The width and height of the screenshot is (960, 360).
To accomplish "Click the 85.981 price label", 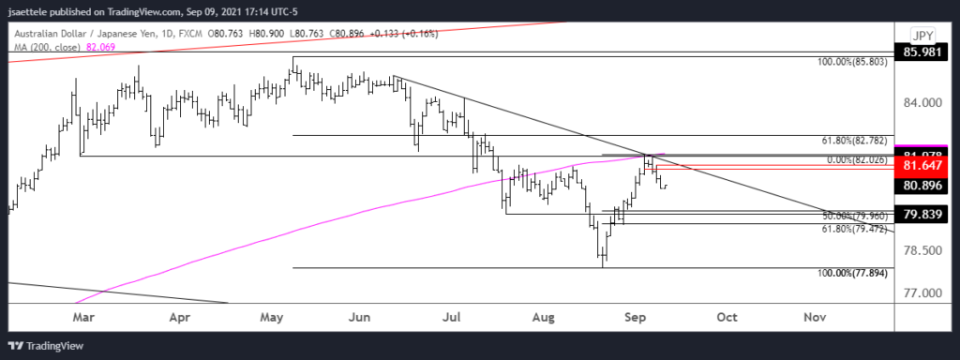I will click(x=922, y=52).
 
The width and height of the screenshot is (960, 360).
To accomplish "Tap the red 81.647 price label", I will click(x=922, y=165).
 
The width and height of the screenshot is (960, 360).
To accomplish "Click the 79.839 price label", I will click(x=922, y=215).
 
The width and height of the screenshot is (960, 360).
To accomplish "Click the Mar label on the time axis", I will click(x=83, y=317).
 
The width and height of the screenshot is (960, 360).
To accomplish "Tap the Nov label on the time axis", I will click(x=814, y=317).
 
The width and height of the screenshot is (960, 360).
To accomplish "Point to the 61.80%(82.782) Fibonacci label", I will click(x=854, y=140).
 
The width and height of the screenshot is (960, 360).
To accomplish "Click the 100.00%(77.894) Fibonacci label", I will click(x=852, y=272).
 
